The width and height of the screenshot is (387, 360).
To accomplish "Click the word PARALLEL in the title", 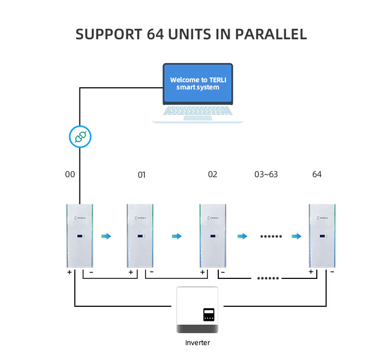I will (271, 35).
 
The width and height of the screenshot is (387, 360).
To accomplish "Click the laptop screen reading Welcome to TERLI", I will (198, 83).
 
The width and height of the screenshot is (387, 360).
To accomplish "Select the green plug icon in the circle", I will (79, 137).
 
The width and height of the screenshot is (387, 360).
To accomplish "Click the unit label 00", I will (70, 174).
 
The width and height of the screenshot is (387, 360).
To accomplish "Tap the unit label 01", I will (141, 175).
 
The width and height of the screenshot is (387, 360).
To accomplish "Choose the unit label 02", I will (213, 174).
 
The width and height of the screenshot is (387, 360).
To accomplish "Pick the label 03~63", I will (266, 174).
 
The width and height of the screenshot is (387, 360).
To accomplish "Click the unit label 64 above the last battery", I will (317, 174).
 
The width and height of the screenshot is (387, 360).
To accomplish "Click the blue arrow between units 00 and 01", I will (106, 236).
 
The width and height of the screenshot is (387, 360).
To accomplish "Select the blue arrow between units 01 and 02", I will (177, 236).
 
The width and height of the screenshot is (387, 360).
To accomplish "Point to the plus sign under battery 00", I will (69, 272).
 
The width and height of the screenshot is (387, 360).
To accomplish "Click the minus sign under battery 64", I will (332, 272).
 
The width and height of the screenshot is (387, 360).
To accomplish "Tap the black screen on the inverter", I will (208, 315).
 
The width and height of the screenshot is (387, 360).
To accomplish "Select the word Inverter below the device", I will (198, 342).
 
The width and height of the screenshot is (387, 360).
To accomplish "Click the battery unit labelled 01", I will (140, 236).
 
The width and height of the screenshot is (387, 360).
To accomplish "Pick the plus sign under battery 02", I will (202, 272).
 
